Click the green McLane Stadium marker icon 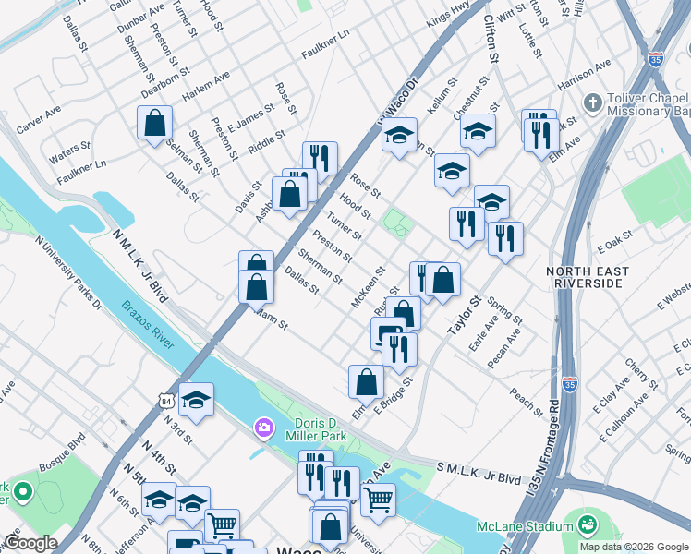tap(585, 524)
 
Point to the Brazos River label tap(149, 324)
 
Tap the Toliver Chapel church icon tap(593, 102)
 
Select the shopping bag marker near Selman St tap(154, 123)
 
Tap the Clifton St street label tap(491, 43)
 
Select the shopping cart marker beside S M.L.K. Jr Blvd tap(377, 500)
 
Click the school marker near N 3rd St tap(196, 400)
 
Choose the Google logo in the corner tap(30, 543)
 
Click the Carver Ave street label tap(39, 117)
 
